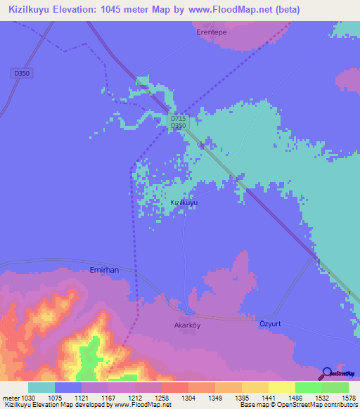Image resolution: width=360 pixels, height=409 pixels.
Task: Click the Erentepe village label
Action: coord(212,32)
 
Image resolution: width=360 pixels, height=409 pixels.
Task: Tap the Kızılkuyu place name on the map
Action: coord(184,202)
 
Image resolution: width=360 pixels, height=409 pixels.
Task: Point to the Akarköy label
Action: coord(188,325)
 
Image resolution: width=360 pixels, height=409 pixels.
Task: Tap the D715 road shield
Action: coord(178,119)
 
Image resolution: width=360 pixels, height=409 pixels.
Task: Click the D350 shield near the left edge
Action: coord(22,73)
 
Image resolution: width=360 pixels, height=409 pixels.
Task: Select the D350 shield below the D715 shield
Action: coord(178,126)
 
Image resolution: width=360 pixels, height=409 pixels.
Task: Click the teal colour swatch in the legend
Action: coord(41,387)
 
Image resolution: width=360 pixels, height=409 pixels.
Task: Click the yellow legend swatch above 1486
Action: coord(282,387)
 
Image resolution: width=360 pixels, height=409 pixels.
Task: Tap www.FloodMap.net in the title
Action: coord(226,10)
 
